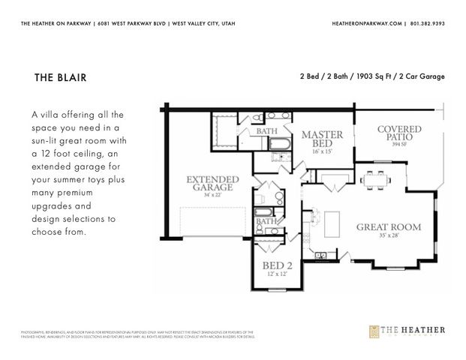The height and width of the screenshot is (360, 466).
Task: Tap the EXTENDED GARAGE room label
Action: point(212,184)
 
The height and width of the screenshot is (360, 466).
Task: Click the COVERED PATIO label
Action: point(399,133)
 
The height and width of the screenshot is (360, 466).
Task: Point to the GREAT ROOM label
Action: point(388,226)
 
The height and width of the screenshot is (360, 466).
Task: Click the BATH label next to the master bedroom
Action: point(267,131)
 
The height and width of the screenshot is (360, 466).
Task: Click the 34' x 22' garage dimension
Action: point(212,196)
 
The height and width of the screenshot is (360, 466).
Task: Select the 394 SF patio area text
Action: point(399,145)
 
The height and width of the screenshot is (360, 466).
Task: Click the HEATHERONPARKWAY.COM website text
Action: point(368,24)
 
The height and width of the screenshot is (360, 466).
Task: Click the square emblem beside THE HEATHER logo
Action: point(375,331)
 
